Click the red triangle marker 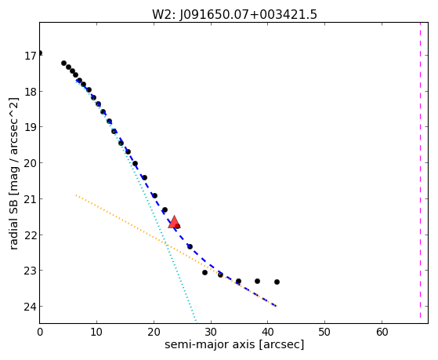174,222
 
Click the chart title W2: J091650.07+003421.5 234,14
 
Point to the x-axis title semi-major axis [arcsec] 234,344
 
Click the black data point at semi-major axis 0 40,53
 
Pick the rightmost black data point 277,282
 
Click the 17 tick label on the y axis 30,56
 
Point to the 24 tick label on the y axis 30,307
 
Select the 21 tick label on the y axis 30,199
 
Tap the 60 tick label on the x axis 382,333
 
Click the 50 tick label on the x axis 325,333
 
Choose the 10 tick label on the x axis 96,333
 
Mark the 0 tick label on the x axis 40,333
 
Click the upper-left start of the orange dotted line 76,195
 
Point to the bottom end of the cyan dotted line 196,321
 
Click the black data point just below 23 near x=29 205,272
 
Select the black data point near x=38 257,281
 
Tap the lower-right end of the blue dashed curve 277,307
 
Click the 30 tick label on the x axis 211,333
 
